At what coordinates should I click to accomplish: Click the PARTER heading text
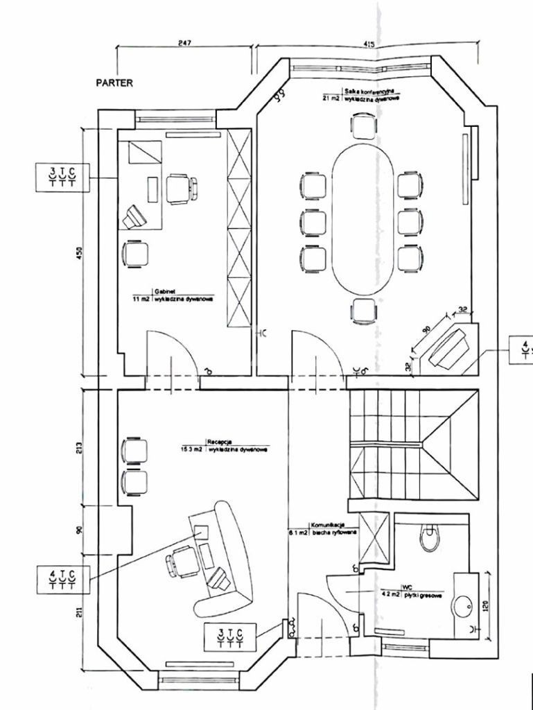pos(114,82)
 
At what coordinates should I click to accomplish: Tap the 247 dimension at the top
pos(184,43)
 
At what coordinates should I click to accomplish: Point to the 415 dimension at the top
pos(368,44)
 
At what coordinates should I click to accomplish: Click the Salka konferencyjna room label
pos(369,92)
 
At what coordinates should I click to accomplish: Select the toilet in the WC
pos(430,535)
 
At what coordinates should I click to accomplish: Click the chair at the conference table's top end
pos(363,125)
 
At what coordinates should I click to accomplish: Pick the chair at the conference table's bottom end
pos(363,311)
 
